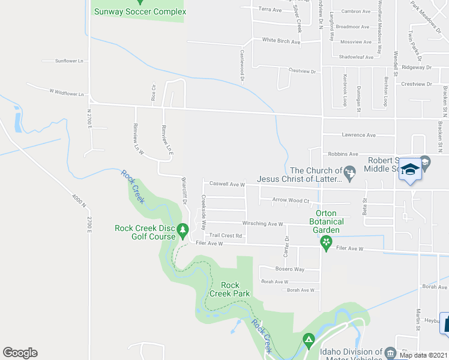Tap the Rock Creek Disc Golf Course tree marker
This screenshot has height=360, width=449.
[184, 229]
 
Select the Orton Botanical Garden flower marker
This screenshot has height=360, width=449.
[326, 242]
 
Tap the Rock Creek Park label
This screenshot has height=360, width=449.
[229, 289]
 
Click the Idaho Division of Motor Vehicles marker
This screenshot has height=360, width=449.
[390, 353]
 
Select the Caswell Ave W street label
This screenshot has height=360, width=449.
[227, 185]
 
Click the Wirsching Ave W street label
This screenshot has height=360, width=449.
[263, 224]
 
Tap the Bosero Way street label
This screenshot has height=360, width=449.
[289, 269]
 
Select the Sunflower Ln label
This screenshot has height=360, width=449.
[68, 61]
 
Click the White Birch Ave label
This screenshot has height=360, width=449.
[281, 41]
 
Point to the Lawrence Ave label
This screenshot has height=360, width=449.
[358, 135]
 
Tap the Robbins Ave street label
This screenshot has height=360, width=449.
[342, 154]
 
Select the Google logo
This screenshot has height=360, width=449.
[20, 353]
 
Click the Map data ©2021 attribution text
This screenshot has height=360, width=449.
[424, 355]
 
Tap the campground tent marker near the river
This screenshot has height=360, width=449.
[309, 340]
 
